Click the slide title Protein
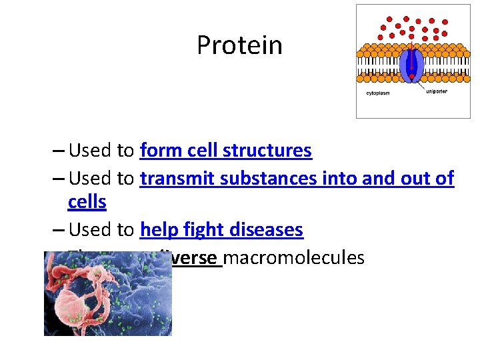click(239, 45)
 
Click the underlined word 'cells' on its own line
click(87, 202)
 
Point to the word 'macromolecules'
click(294, 257)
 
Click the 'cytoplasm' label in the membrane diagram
click(379, 93)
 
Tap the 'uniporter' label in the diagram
click(437, 91)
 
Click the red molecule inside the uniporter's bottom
click(413, 76)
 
